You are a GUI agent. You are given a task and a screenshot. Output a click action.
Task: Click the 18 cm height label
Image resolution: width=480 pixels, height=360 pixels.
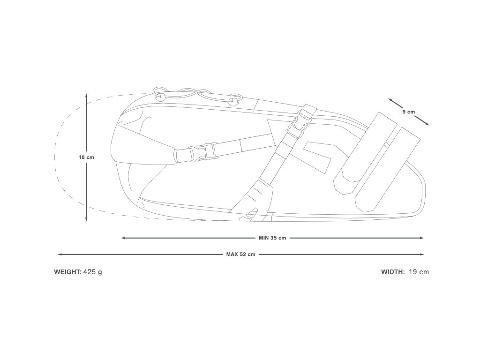[x=86, y=157]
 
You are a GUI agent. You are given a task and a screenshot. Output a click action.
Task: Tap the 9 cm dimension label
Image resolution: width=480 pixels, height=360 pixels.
[x=408, y=112]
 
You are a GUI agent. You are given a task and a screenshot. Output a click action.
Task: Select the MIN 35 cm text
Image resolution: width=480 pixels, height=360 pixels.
[x=272, y=238]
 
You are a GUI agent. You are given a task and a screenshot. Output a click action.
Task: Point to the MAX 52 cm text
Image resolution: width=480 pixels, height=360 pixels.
[x=241, y=255]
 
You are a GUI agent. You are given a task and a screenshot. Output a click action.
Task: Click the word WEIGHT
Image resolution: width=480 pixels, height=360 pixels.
[x=67, y=272]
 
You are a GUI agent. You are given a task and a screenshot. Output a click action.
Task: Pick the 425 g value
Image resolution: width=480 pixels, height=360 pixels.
[x=92, y=272]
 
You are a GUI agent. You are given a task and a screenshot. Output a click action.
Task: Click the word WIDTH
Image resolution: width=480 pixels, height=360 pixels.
[x=393, y=272]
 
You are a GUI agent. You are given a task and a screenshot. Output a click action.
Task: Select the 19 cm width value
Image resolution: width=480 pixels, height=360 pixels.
[x=419, y=272]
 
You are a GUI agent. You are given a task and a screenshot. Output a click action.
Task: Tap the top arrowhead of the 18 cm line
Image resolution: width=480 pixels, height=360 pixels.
[x=86, y=95]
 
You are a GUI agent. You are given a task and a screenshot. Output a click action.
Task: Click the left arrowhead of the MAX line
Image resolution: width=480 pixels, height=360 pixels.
[x=59, y=255]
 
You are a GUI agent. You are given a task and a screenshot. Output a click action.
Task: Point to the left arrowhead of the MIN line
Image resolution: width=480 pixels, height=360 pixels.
[x=123, y=238]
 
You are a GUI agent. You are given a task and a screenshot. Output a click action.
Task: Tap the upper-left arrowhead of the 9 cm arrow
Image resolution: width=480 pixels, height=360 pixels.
[x=390, y=100]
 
